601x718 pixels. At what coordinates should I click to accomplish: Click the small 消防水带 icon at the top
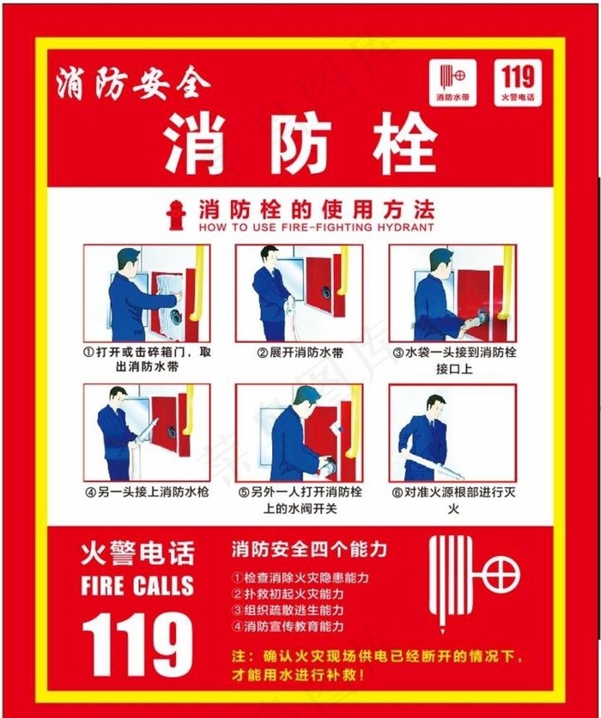point(452,83)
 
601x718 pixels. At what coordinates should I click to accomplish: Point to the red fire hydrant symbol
point(176,215)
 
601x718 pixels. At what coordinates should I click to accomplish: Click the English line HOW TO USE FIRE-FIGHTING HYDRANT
point(316,228)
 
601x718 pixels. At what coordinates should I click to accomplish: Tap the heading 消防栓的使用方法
point(316,209)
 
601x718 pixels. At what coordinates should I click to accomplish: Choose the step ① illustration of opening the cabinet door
point(147,293)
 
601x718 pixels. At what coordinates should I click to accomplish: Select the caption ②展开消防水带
point(299,353)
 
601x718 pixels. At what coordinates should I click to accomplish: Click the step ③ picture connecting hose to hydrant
point(452,293)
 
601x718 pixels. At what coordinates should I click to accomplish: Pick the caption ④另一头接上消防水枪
point(147,492)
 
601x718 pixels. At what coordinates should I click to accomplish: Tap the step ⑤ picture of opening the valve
point(299,432)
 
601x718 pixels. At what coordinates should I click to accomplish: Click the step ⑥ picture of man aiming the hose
point(452,432)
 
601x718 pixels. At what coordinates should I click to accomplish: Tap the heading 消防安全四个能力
point(309,548)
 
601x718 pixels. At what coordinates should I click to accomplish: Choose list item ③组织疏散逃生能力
point(288,610)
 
